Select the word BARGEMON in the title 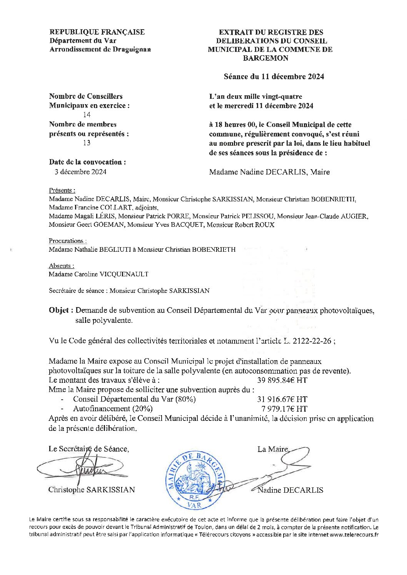(265, 58)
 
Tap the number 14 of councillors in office (87, 115)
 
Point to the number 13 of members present (87, 143)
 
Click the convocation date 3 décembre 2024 (80, 172)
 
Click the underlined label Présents (62, 191)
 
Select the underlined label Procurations (67, 241)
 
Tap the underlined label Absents (61, 266)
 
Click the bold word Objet (59, 311)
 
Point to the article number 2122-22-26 (312, 341)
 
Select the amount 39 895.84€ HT (282, 381)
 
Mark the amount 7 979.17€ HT (284, 409)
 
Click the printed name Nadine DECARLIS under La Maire (290, 490)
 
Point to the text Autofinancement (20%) (113, 409)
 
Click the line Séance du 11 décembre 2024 (274, 76)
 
